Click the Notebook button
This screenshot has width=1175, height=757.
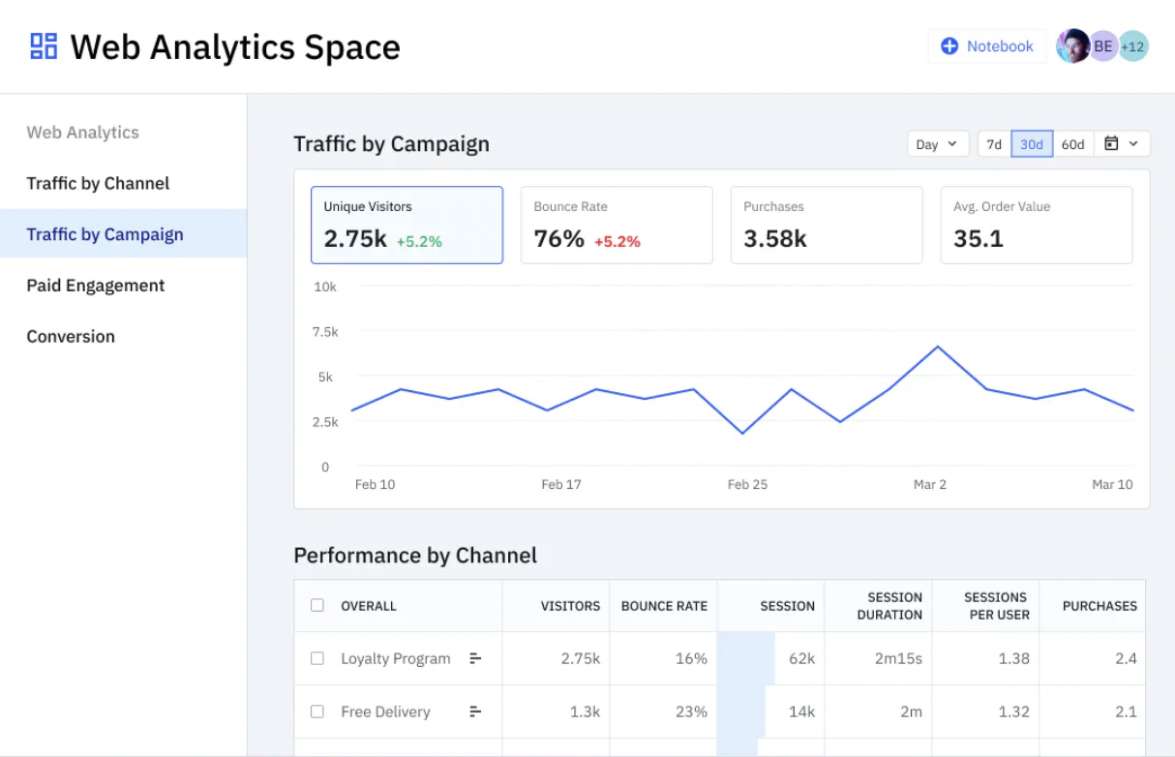(x=987, y=46)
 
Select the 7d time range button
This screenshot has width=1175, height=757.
(x=994, y=144)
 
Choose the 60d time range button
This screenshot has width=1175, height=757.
(x=1072, y=144)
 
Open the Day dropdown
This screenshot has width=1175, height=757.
(x=937, y=144)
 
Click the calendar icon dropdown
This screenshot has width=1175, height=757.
(x=1122, y=144)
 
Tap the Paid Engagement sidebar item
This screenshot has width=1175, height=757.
(x=96, y=286)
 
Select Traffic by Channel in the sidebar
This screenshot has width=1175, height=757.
(x=98, y=184)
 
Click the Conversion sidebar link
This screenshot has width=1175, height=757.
(x=71, y=337)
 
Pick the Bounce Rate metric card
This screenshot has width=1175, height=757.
(x=617, y=226)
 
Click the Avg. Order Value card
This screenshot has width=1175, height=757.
(x=1036, y=226)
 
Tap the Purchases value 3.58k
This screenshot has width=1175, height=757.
(x=775, y=239)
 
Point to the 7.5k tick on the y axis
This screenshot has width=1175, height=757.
(x=326, y=332)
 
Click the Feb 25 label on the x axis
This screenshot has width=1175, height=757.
(x=747, y=484)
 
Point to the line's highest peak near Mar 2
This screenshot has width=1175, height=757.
(x=937, y=347)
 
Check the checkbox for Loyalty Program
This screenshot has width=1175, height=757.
(x=316, y=658)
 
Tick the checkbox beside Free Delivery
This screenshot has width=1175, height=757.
(x=316, y=712)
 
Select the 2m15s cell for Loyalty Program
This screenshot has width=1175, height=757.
(x=897, y=658)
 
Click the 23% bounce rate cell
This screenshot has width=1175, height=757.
(x=691, y=712)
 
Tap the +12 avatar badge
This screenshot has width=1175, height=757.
(x=1133, y=46)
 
